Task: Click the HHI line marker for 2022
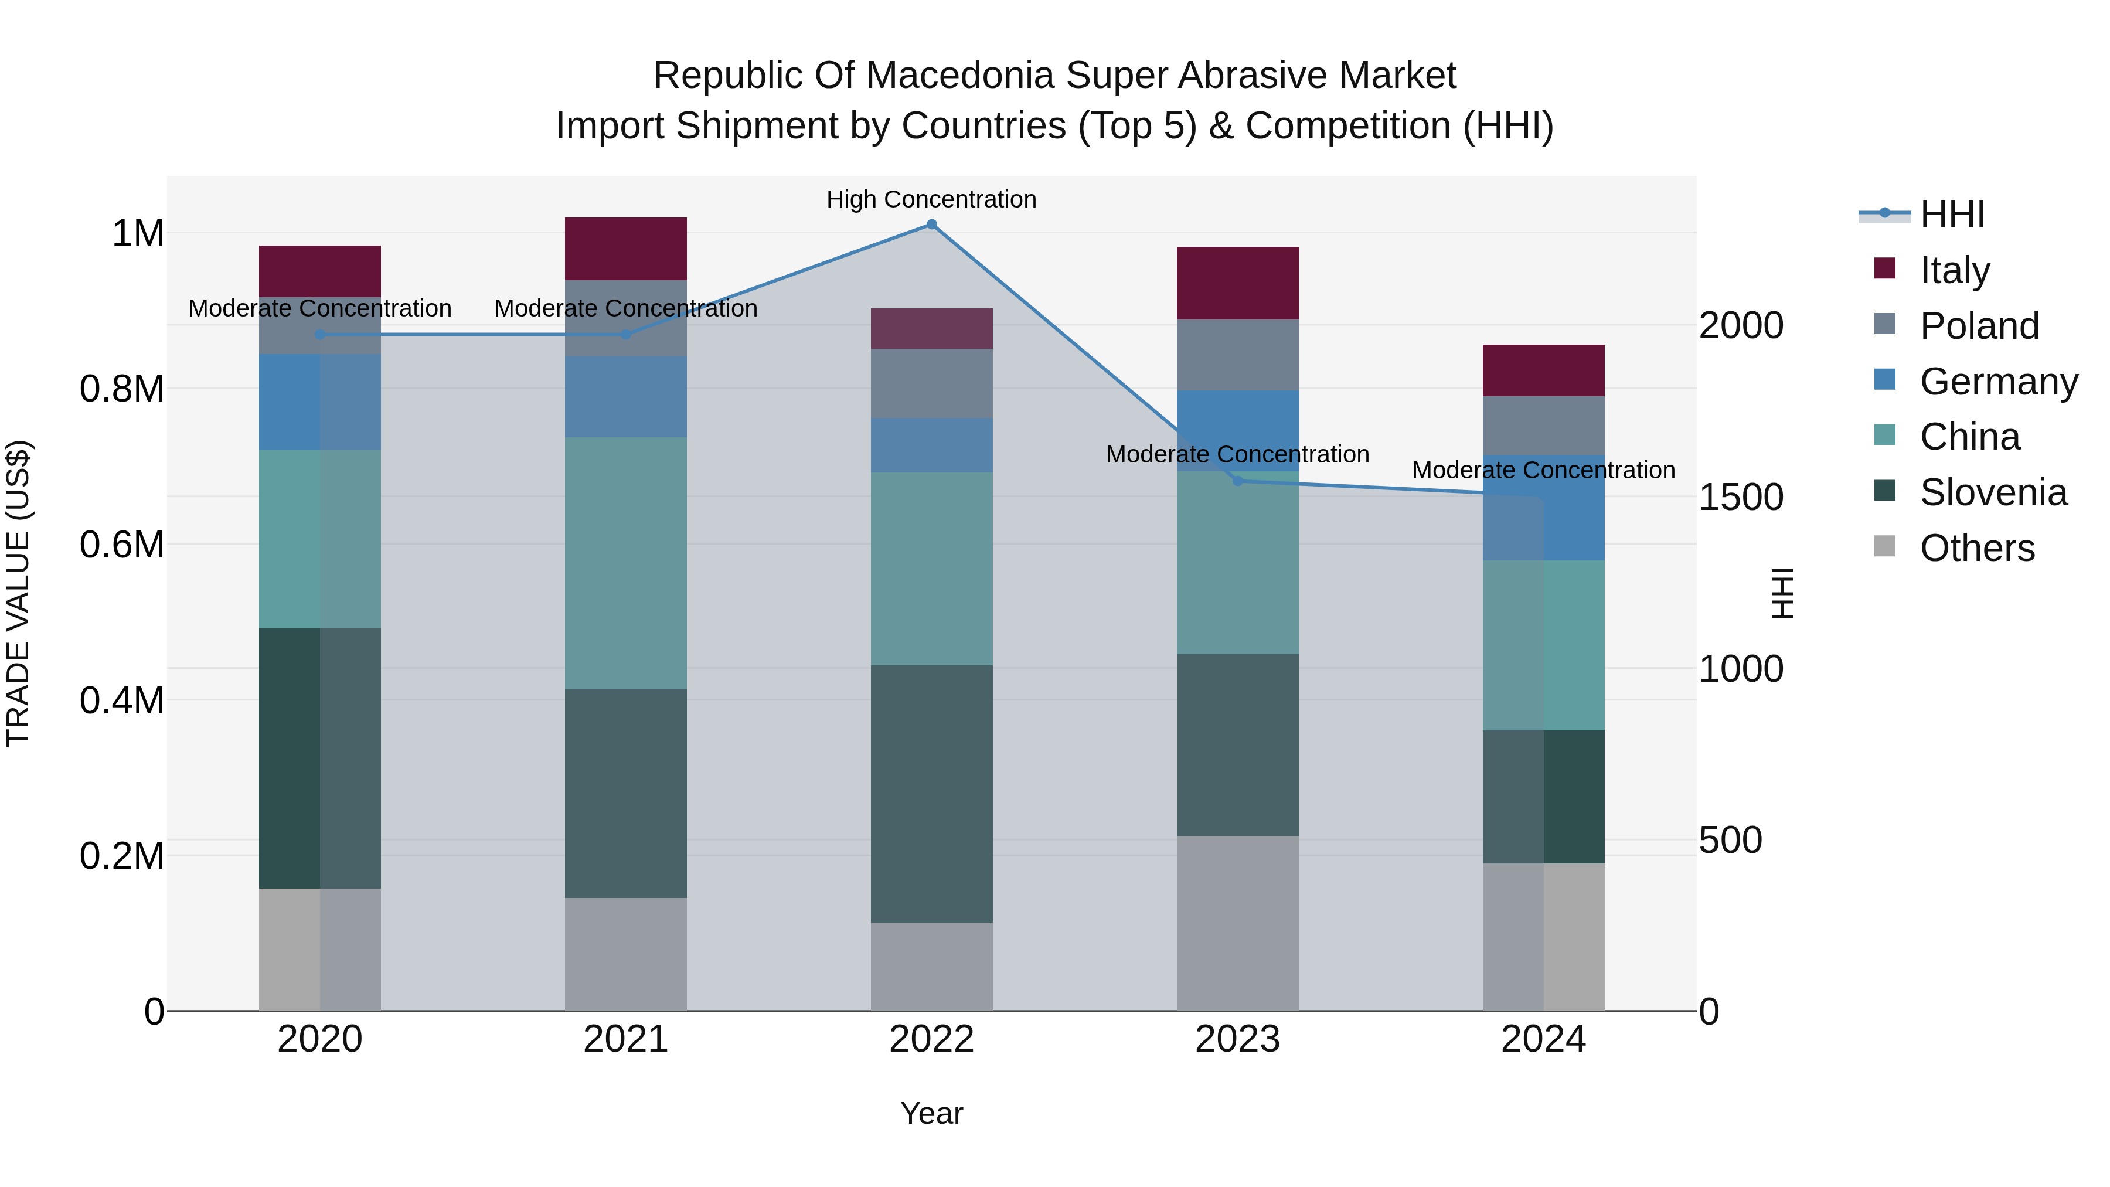pyautogui.click(x=931, y=225)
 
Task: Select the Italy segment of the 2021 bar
pyautogui.click(x=626, y=249)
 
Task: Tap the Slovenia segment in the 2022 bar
pyautogui.click(x=931, y=794)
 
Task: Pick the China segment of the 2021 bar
pyautogui.click(x=626, y=563)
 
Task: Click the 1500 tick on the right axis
pyautogui.click(x=1741, y=497)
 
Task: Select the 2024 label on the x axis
pyautogui.click(x=1543, y=1039)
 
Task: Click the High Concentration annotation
pyautogui.click(x=931, y=199)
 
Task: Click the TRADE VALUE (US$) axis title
pyautogui.click(x=19, y=593)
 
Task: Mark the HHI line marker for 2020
pyautogui.click(x=320, y=334)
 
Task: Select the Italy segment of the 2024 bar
pyautogui.click(x=1543, y=370)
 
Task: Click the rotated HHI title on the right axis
pyautogui.click(x=1782, y=593)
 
